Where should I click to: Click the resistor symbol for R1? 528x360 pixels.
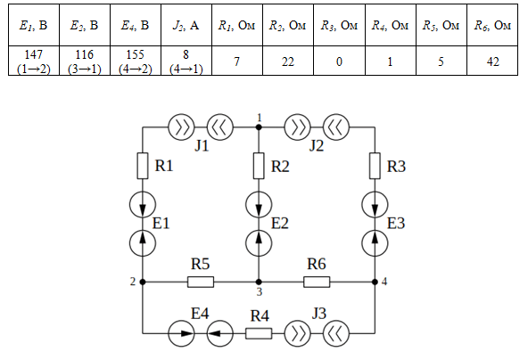pyautogui.click(x=143, y=166)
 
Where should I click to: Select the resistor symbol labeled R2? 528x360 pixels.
pyautogui.click(x=259, y=166)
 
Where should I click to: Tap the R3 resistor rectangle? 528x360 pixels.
pyautogui.click(x=375, y=166)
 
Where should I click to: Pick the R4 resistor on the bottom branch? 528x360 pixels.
pyautogui.click(x=259, y=333)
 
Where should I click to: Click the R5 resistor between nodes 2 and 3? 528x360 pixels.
pyautogui.click(x=201, y=282)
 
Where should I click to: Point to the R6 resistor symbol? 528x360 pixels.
pyautogui.click(x=317, y=282)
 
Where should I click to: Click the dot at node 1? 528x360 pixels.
pyautogui.click(x=259, y=127)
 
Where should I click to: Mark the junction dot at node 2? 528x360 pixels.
pyautogui.click(x=143, y=282)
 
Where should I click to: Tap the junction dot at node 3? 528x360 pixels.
pyautogui.click(x=259, y=282)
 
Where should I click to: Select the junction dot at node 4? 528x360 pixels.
pyautogui.click(x=375, y=282)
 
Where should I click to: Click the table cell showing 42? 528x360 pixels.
pyautogui.click(x=492, y=61)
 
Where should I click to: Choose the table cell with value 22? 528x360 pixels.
pyautogui.click(x=288, y=61)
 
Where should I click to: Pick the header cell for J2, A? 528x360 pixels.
pyautogui.click(x=186, y=25)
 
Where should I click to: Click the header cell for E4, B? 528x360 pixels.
pyautogui.click(x=136, y=25)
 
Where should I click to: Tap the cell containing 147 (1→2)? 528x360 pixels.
pyautogui.click(x=34, y=61)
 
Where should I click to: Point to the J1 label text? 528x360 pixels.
pyautogui.click(x=202, y=146)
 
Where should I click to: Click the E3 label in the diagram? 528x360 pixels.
pyautogui.click(x=396, y=224)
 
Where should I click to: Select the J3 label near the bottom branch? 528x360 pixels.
pyautogui.click(x=318, y=314)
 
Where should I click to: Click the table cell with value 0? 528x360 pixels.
pyautogui.click(x=339, y=61)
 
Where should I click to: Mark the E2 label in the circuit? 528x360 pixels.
pyautogui.click(x=280, y=224)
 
